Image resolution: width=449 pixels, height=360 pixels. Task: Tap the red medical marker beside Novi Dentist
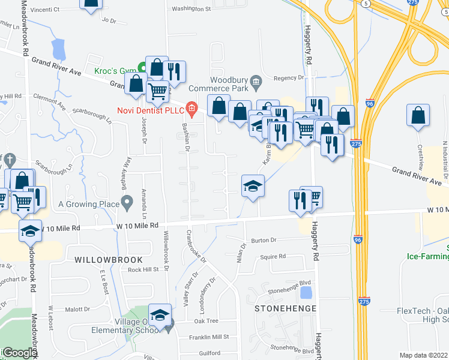tap(191, 109)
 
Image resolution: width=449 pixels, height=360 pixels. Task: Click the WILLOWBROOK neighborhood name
tap(109, 260)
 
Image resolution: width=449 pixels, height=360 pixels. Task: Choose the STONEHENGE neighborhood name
tap(285, 308)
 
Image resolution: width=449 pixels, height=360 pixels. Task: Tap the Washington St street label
tap(191, 9)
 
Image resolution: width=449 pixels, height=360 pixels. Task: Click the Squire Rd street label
tap(273, 256)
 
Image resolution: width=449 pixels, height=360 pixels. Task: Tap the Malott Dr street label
tap(77, 310)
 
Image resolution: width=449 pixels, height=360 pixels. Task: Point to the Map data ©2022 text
tap(424, 355)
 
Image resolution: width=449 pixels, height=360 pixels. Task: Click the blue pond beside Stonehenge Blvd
tap(306, 293)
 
